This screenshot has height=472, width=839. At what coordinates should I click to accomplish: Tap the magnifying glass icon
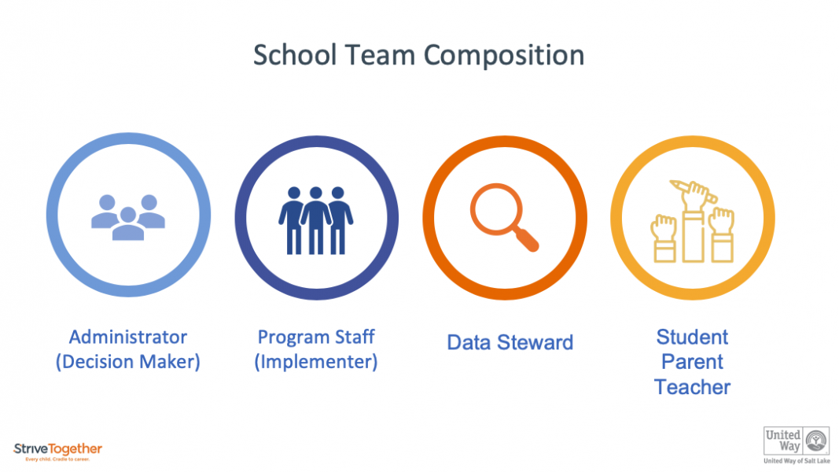tap(504, 216)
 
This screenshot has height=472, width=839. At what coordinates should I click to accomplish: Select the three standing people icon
tap(316, 219)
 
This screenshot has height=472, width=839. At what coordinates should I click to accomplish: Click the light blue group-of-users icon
tap(128, 216)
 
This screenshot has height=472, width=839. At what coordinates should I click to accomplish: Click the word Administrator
tap(128, 337)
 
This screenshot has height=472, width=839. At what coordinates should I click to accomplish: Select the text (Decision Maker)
tap(128, 362)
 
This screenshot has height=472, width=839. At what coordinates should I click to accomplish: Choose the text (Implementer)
tap(316, 362)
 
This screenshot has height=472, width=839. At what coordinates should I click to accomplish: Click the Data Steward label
tap(510, 342)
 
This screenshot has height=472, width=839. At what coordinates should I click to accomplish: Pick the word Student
tap(692, 337)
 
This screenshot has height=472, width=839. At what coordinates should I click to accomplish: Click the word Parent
tap(692, 362)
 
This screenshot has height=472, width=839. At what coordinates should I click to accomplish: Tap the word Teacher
tap(692, 387)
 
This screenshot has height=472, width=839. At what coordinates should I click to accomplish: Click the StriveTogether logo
tap(57, 449)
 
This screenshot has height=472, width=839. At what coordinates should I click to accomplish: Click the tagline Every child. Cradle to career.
tap(57, 459)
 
